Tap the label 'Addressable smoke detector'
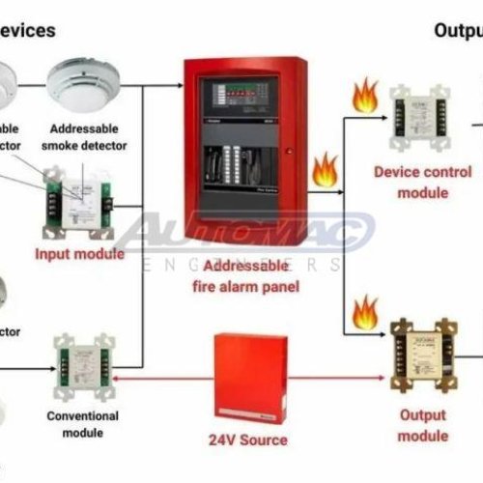(x=89, y=136)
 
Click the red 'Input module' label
(x=79, y=254)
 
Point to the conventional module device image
(x=80, y=366)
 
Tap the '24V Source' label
(x=249, y=440)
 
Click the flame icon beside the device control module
(x=364, y=97)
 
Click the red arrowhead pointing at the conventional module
(x=120, y=381)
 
